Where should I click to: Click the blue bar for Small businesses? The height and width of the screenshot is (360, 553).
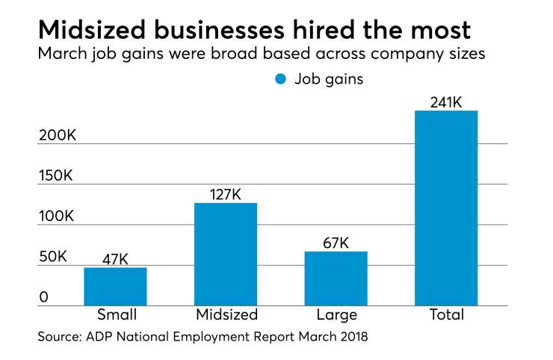115,286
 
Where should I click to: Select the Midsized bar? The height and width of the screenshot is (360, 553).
226,254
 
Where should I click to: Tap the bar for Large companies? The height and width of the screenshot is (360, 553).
336,278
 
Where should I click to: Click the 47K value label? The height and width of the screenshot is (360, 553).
115,259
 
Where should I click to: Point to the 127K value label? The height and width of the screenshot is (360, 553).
226,194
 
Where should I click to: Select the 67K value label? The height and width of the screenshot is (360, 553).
336,243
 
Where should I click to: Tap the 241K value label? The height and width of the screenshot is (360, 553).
446,102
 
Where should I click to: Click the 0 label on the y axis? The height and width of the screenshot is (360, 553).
43,297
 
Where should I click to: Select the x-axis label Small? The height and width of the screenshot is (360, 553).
115,314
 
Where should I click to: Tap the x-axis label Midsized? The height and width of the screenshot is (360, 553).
226,314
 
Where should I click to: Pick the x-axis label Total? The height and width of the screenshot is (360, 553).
446,314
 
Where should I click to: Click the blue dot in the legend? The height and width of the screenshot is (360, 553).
280,78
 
